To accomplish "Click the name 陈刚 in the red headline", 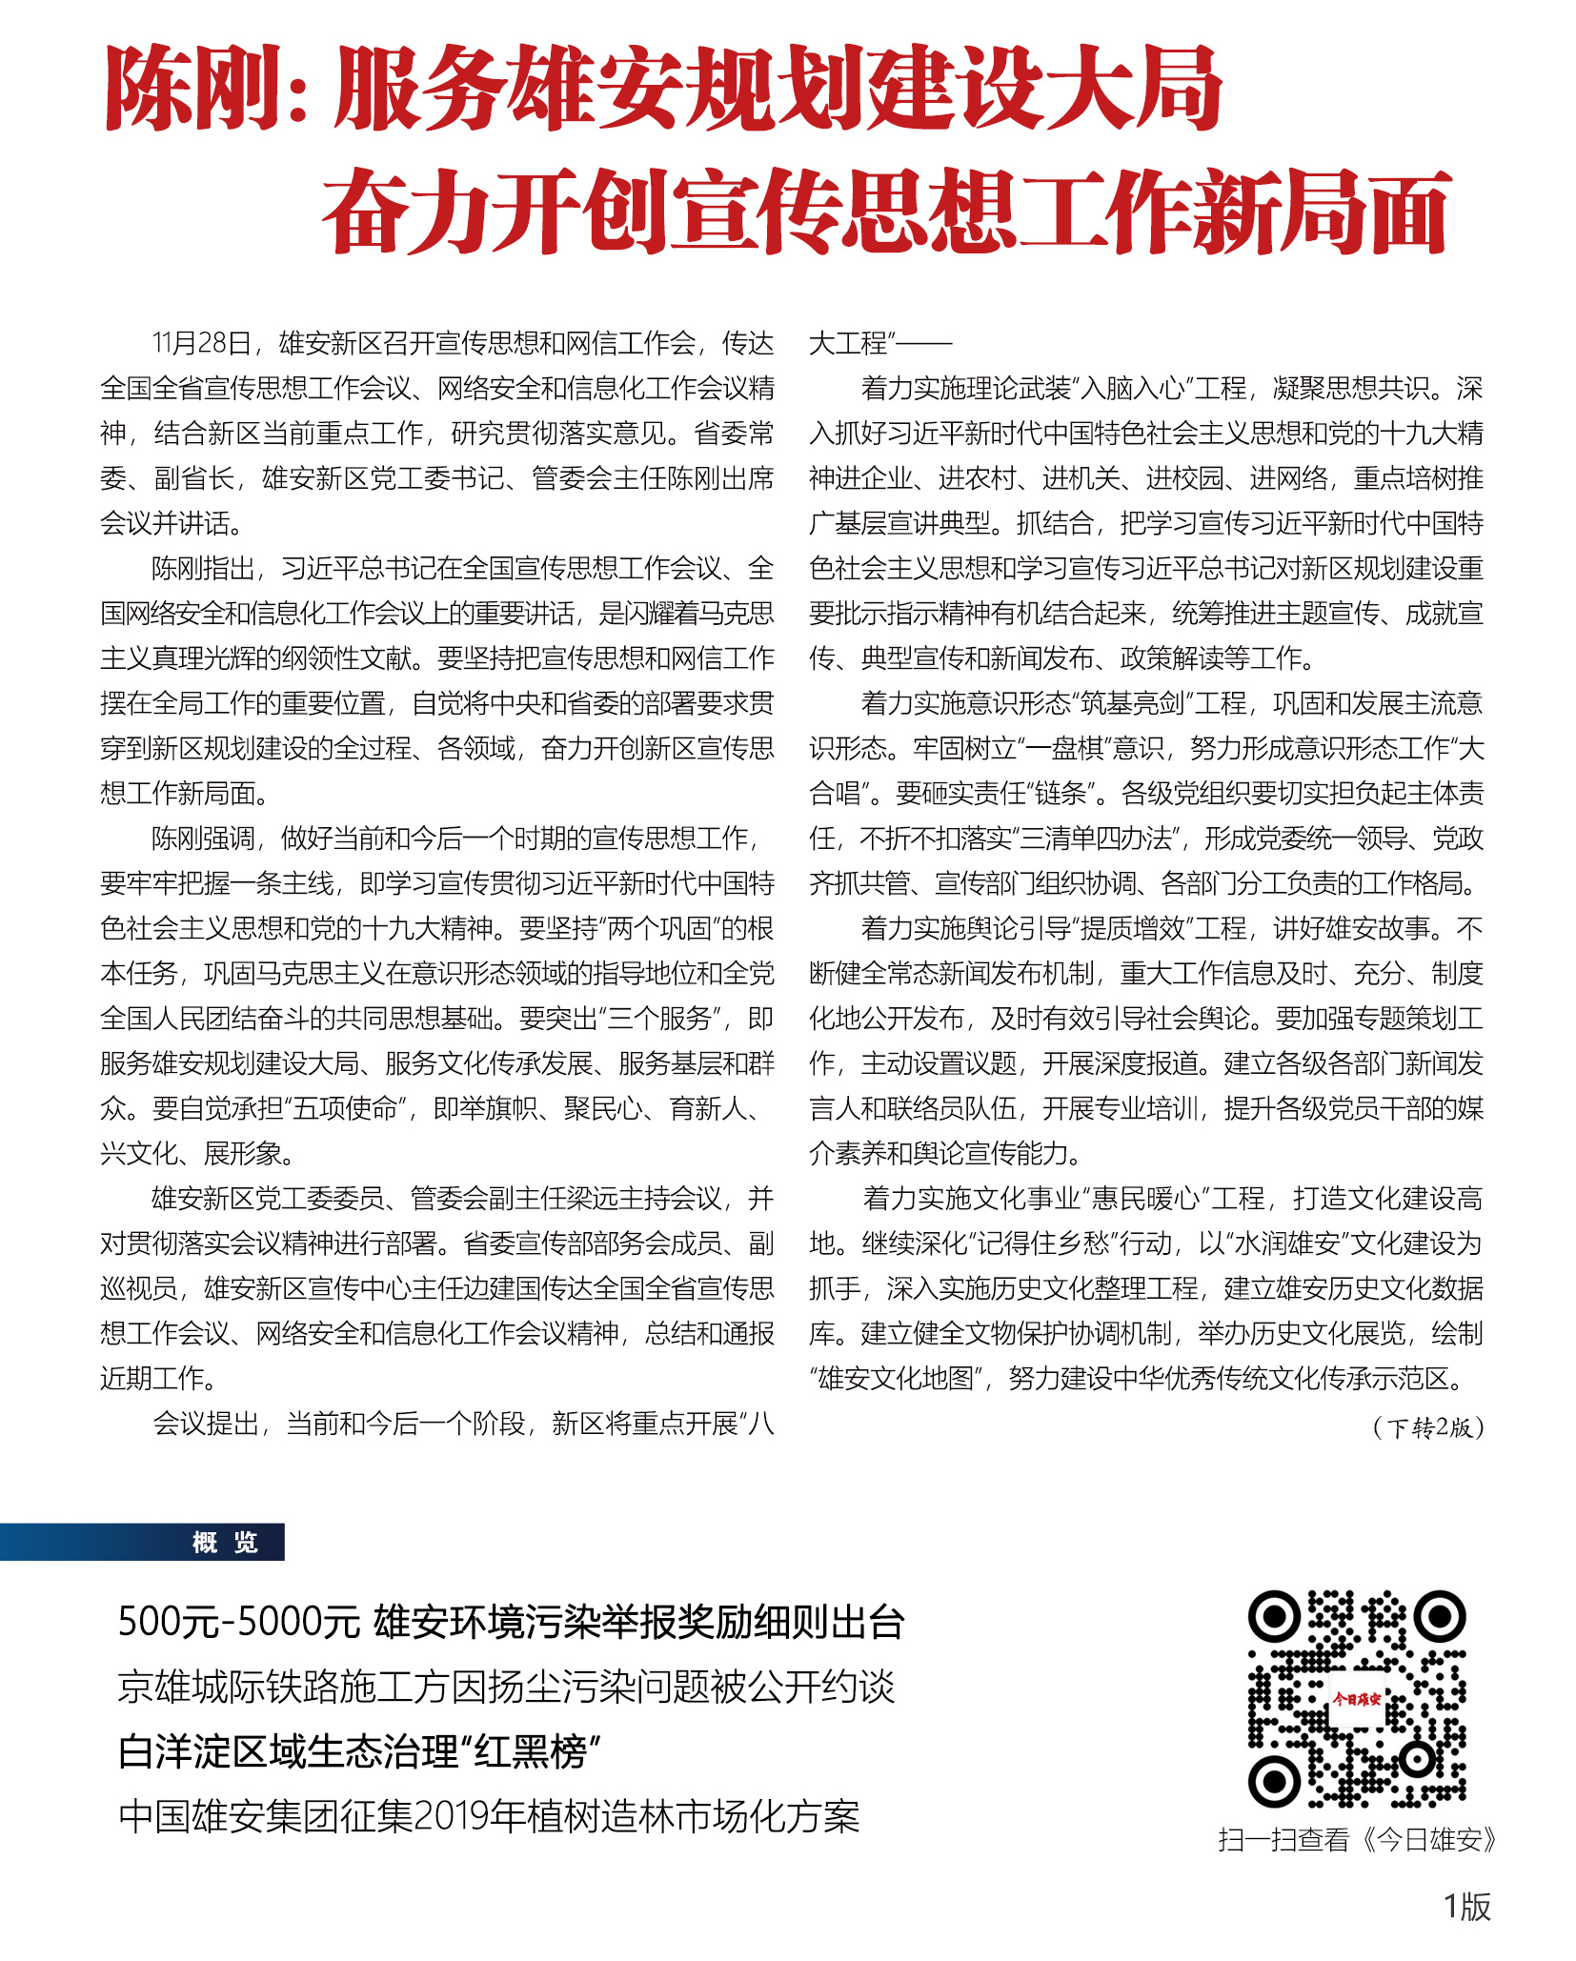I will pos(196,89).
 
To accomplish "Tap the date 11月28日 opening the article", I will pos(202,343).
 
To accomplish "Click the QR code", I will pos(1357,1699).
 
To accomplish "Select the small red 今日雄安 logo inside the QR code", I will pos(1356,1698).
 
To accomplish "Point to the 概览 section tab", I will pos(225,1542).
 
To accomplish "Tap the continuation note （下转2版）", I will pos(1427,1426).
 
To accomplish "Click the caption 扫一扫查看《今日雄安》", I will pos(1357,1839).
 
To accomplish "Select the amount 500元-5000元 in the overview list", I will pos(238,1623).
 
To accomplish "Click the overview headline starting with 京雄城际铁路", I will pos(506,1688).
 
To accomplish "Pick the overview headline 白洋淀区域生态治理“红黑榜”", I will pos(360,1752).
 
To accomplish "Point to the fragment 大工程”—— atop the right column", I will pos(879,343).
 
